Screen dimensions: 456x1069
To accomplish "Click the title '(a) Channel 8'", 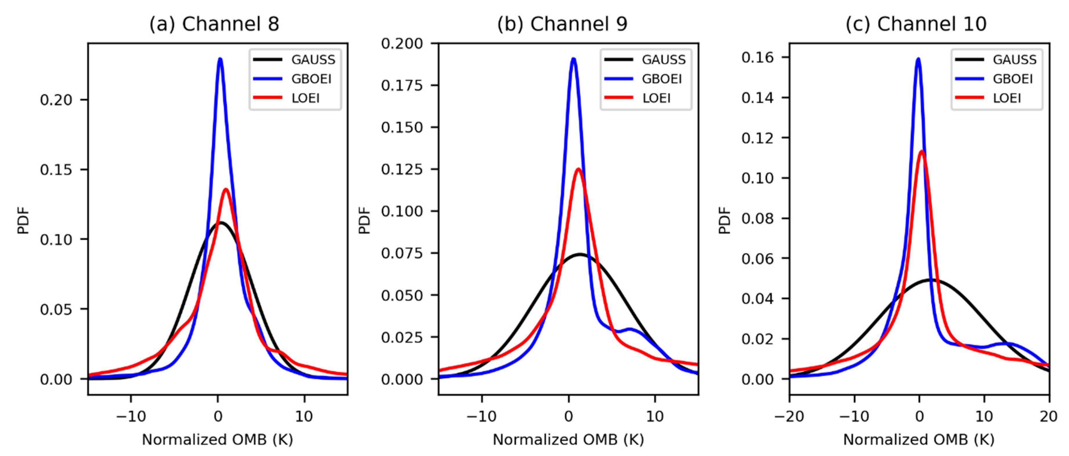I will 214,24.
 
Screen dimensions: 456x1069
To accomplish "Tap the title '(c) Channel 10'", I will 916,24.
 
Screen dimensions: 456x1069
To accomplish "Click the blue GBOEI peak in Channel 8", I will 220,59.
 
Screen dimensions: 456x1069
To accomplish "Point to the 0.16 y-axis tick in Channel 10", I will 757,57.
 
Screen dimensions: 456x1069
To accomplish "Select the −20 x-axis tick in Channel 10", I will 789,416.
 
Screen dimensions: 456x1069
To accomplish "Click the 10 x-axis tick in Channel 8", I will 304,416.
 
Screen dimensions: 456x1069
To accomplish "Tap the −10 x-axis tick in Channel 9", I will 481,416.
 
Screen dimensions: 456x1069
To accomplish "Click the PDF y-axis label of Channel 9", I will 364,220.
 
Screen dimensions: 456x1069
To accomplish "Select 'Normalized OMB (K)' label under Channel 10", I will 919,440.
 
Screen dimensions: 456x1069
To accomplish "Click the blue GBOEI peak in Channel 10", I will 918,59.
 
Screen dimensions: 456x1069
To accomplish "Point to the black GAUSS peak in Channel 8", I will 221,223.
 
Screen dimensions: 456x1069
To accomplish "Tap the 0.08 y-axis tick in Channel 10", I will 757,218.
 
